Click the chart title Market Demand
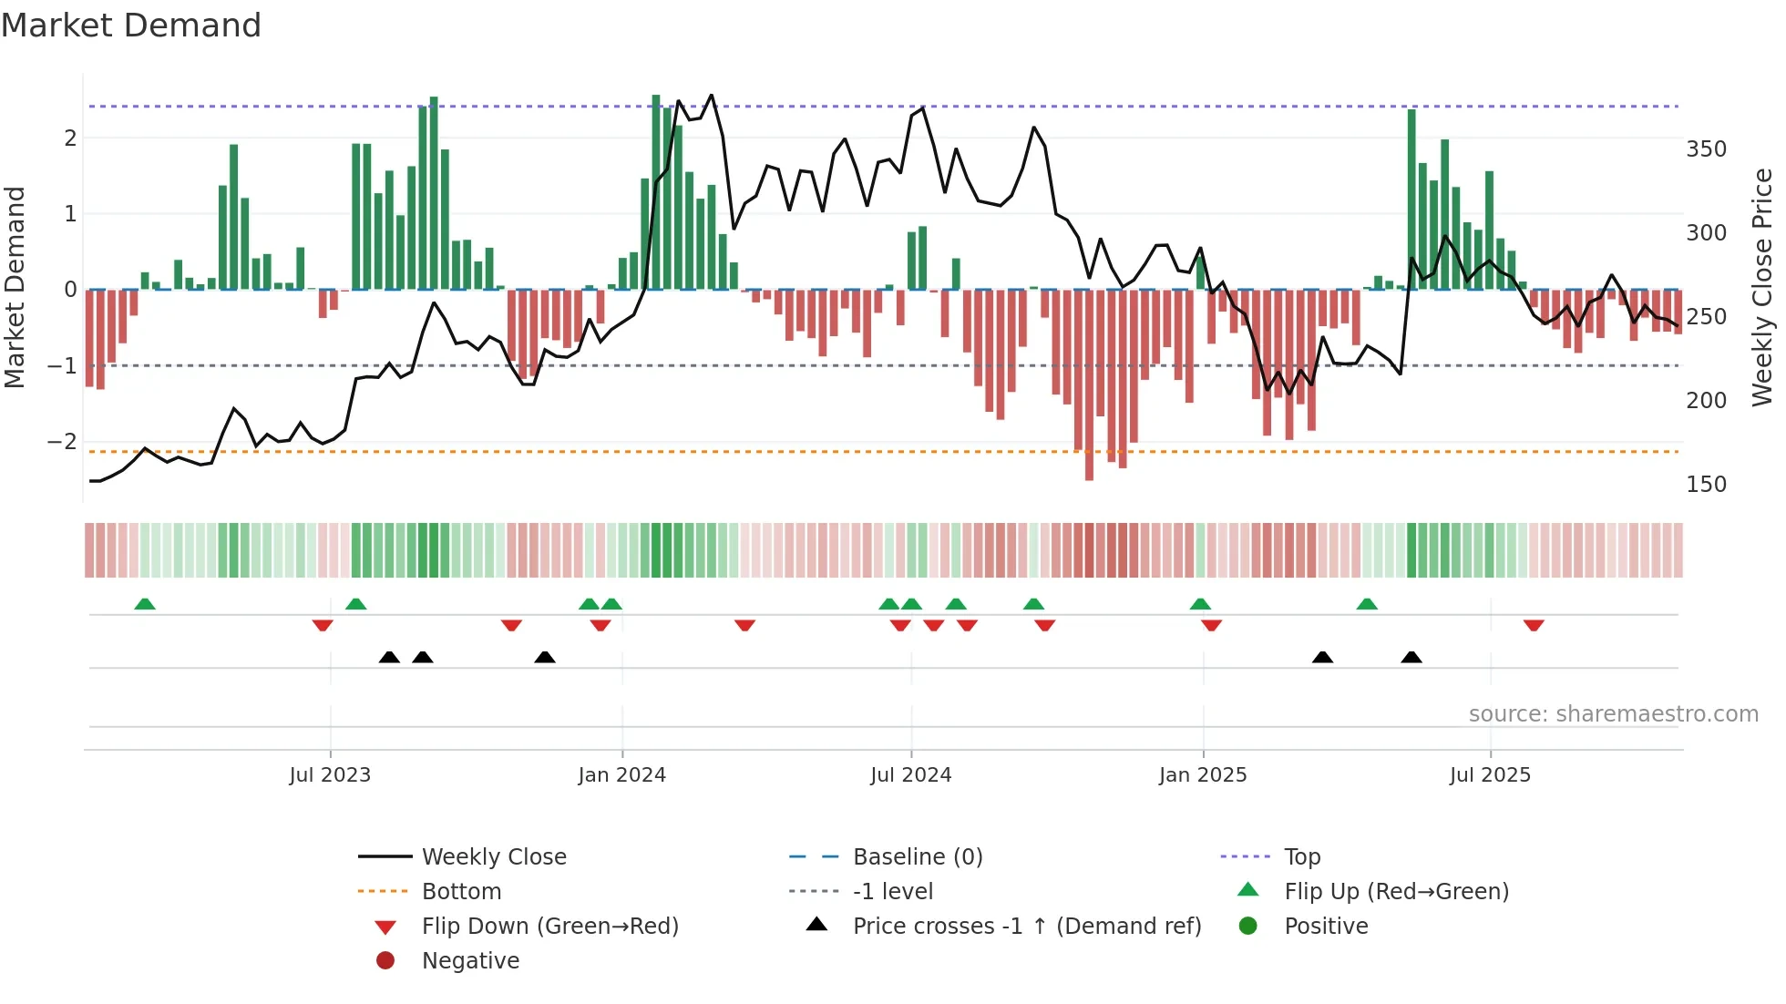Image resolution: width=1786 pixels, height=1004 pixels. pos(131,26)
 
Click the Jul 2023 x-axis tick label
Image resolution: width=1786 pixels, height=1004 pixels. pos(330,775)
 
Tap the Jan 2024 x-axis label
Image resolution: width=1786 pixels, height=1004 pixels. pos(621,775)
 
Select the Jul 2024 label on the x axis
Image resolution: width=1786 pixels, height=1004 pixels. pos(910,775)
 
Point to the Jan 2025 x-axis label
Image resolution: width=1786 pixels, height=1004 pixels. pos(1202,775)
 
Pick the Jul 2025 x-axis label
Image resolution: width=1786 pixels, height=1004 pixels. pos(1490,775)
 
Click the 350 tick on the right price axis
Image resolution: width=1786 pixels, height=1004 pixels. pos(1706,149)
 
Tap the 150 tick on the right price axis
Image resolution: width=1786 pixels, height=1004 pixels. pos(1706,485)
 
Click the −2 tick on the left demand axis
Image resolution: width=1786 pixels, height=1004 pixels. pos(62,442)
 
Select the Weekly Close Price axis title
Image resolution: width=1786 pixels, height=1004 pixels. pos(1762,287)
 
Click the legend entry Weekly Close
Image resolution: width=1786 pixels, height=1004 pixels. pos(493,857)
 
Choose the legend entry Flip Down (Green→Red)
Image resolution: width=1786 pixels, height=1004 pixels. pos(549,927)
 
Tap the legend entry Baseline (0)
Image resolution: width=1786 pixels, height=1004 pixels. pos(917,857)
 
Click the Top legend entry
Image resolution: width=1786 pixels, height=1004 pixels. pos(1301,857)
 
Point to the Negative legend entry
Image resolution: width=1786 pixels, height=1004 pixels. pos(470,961)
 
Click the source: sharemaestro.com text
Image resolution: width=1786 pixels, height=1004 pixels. pos(1613,714)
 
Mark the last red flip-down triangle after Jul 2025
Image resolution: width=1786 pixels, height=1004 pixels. pos(1534,625)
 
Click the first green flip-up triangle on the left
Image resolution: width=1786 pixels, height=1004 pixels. pos(145,604)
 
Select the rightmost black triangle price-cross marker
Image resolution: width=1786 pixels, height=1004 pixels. pos(1411,657)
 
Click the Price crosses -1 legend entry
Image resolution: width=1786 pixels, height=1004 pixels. pos(1026,927)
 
